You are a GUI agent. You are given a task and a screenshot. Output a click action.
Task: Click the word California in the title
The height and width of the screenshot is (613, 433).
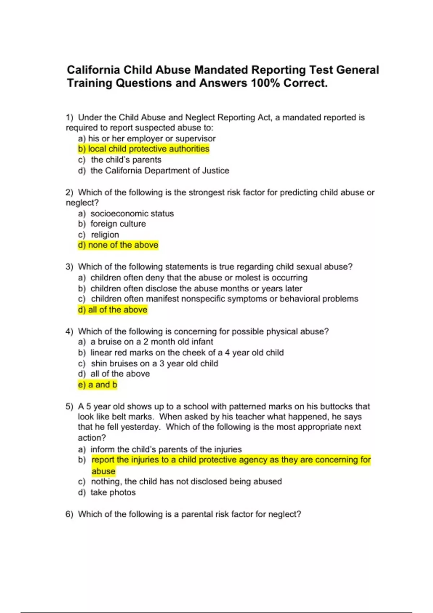(93, 70)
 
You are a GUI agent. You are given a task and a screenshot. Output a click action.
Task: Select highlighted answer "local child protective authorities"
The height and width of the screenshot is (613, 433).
(144, 149)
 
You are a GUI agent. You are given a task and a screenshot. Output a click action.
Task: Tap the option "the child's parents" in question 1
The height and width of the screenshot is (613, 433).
(126, 160)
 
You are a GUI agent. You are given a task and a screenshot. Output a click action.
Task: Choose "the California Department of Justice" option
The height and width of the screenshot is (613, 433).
(159, 171)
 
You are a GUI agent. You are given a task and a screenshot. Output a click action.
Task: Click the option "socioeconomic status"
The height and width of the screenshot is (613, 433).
(132, 213)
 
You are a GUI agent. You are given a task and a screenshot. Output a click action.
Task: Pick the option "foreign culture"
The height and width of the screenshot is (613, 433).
(118, 224)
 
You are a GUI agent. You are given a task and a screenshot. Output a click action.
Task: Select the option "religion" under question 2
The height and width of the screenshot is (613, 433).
(105, 235)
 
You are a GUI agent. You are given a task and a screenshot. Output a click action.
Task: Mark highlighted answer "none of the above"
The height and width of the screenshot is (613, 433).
(118, 245)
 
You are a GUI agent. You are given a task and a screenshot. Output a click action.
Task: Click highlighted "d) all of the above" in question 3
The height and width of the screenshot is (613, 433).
(113, 310)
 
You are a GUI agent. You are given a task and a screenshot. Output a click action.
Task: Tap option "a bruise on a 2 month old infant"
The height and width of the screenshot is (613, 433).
(152, 342)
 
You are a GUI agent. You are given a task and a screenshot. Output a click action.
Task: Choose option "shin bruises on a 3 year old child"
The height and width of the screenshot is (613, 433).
(154, 363)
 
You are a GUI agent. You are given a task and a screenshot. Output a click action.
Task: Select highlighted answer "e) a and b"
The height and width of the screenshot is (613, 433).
(97, 385)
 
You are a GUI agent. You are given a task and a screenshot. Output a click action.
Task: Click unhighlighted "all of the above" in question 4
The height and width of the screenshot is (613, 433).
(120, 374)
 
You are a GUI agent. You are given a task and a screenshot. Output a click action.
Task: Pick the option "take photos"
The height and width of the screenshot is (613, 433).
(113, 493)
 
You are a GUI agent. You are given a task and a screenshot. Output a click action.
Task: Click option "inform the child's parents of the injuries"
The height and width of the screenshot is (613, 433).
(166, 449)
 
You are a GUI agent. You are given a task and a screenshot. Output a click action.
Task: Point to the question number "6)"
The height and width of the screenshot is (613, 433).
(69, 514)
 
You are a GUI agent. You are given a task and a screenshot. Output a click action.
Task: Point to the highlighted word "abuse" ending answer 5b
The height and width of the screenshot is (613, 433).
(103, 471)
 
